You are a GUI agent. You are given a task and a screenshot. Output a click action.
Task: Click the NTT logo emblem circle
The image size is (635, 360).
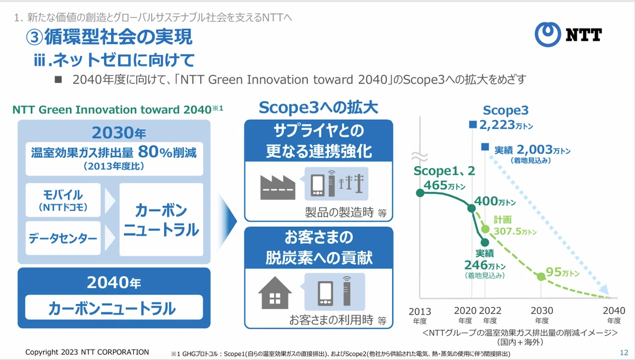click(548, 34)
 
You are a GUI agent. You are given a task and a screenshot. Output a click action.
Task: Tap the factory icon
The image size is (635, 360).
click(277, 187)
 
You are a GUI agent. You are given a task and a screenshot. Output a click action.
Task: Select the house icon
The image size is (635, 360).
click(275, 293)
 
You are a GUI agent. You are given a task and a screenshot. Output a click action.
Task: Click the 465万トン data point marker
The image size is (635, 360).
click(420, 193)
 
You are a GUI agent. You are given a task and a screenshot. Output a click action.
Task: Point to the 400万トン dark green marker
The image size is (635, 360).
click(471, 208)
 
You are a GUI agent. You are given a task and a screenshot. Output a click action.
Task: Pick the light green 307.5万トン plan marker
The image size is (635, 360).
click(485, 229)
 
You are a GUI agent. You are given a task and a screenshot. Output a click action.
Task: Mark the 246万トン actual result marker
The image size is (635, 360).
click(485, 242)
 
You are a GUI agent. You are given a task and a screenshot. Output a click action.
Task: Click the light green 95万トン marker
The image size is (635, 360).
click(541, 276)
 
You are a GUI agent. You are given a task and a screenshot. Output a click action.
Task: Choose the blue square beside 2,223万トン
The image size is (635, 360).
click(473, 124)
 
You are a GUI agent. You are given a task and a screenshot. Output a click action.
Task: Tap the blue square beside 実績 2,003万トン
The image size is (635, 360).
click(485, 147)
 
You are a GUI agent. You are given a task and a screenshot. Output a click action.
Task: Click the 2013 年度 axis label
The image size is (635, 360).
click(420, 316)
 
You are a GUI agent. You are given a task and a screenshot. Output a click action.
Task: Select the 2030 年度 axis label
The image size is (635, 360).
click(542, 315)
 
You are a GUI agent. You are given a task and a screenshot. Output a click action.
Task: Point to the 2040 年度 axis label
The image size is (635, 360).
click(614, 315)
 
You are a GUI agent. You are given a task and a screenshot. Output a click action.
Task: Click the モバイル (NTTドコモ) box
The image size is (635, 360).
click(63, 200)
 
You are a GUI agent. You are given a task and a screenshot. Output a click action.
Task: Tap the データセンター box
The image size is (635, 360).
click(63, 238)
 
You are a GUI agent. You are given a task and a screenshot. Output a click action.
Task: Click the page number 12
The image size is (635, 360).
click(624, 353)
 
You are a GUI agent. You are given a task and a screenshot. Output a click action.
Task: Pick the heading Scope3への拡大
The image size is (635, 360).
click(319, 107)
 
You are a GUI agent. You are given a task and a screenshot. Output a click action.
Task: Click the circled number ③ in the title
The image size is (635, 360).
click(34, 37)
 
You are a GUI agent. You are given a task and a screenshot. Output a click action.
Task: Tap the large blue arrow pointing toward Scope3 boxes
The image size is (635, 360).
click(227, 221)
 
